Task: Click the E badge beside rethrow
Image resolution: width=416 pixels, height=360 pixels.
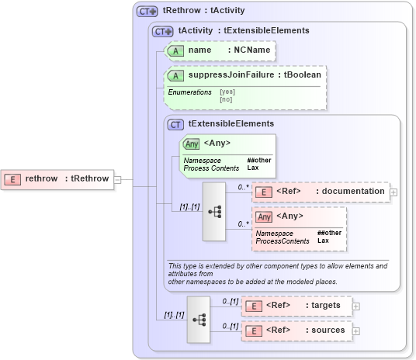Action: pos(12,179)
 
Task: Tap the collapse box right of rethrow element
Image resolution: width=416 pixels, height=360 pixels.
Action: pos(117,179)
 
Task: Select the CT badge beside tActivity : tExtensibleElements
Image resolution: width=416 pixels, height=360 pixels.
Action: pos(162,31)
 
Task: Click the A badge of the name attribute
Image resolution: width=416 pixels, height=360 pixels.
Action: pos(176,50)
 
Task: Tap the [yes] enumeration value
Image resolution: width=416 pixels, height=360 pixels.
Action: pos(226,92)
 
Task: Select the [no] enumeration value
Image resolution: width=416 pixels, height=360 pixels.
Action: pos(226,99)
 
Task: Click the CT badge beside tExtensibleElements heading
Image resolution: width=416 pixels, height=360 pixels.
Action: pos(176,123)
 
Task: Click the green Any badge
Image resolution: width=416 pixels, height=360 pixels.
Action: pos(191,144)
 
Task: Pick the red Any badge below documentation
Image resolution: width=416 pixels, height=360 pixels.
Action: pos(265,216)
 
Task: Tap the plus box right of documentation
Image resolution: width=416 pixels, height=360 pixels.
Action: pos(393,192)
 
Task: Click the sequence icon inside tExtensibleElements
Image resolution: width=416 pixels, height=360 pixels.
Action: pos(215,211)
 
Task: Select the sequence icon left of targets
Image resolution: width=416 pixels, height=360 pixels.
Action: pos(199,319)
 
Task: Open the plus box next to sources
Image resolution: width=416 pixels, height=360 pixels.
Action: pos(356,331)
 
